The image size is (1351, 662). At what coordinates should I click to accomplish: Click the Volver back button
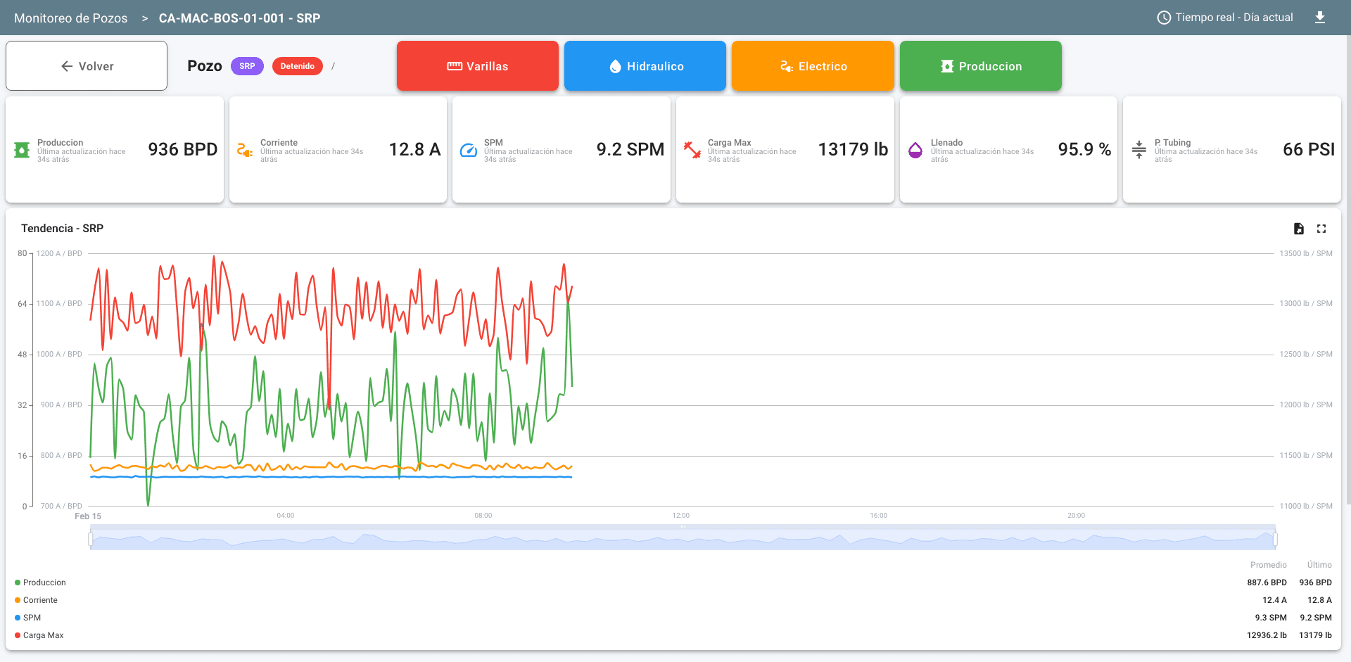tap(87, 66)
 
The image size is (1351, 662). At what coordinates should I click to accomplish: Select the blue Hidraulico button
tap(645, 66)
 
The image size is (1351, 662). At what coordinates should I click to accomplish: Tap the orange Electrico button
tap(813, 66)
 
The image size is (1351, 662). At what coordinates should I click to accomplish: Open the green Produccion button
tap(981, 66)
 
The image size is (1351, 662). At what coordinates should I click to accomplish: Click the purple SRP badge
tap(247, 66)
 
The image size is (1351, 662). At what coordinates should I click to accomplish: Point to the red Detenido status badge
tap(297, 66)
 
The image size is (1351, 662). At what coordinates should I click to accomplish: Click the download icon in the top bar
tap(1320, 18)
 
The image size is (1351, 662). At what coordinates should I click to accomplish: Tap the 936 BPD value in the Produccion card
tap(182, 150)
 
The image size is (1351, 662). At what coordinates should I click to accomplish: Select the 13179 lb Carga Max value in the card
tap(853, 150)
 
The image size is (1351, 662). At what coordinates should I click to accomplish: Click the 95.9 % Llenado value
tap(1084, 150)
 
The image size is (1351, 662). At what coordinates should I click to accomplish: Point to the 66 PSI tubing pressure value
tap(1308, 150)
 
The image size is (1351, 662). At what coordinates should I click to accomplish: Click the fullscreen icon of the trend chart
tap(1321, 229)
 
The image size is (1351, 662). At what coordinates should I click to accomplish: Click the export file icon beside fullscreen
tap(1299, 229)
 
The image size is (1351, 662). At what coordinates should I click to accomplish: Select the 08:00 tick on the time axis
tap(483, 516)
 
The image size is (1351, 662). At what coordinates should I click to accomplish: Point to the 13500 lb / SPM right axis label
tap(1305, 253)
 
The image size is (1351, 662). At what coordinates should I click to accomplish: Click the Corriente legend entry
tap(40, 600)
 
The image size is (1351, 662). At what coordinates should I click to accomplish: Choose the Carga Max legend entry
tap(43, 635)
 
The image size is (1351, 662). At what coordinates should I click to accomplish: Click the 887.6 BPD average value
tap(1267, 583)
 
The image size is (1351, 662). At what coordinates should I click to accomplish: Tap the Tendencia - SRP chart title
tap(62, 229)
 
